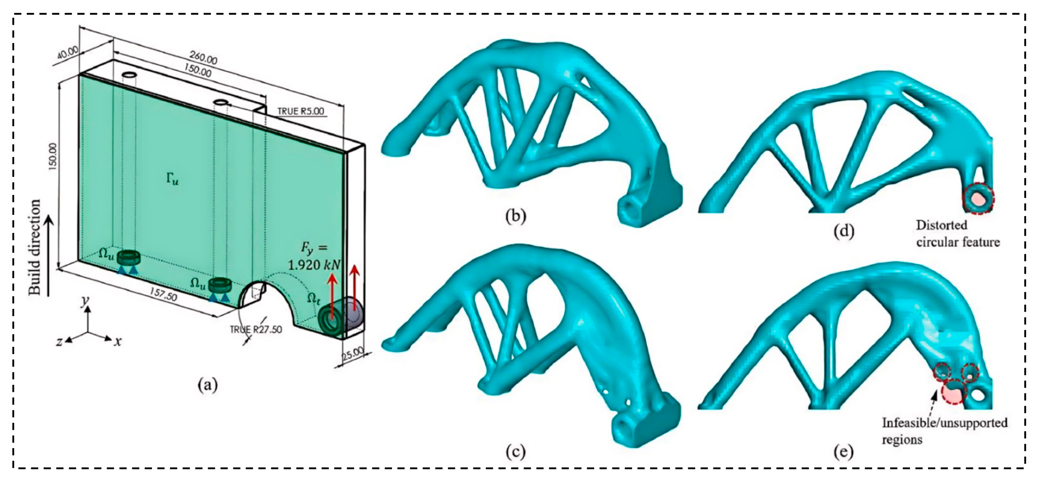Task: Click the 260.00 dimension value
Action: (203, 58)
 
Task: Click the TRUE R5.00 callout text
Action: (301, 111)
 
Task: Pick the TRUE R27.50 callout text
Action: (256, 330)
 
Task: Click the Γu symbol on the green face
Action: (172, 180)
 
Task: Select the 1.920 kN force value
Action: (314, 265)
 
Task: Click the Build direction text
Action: (35, 247)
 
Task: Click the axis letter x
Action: (118, 342)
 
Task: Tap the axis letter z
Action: (59, 342)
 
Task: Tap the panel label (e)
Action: (843, 452)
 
